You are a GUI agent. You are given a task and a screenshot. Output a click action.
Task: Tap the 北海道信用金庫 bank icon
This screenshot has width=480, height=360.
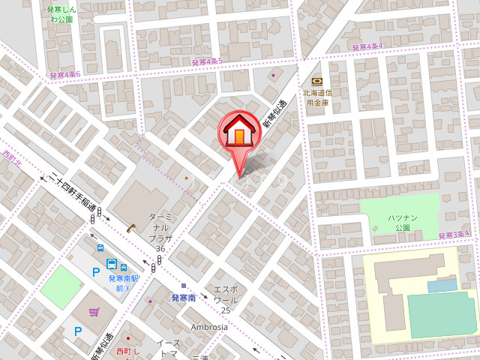(x=316, y=81)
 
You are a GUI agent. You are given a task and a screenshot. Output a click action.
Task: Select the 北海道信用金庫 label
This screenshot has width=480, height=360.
(x=316, y=97)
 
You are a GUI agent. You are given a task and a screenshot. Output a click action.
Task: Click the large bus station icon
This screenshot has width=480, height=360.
(x=112, y=265)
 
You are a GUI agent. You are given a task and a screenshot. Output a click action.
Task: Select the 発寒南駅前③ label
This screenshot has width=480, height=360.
(x=119, y=283)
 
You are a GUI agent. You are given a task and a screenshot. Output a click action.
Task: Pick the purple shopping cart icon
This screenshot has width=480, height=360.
(x=94, y=312)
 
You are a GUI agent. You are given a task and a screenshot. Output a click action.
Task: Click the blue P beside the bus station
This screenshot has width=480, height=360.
(x=95, y=272)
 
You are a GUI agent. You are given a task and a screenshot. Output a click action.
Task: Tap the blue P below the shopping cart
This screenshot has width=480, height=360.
(x=77, y=331)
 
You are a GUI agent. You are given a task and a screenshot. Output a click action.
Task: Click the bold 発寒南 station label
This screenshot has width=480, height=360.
(x=183, y=298)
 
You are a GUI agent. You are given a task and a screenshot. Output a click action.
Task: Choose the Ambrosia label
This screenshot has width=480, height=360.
(x=209, y=327)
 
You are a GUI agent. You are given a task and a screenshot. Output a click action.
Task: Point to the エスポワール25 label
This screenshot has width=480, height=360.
(x=226, y=299)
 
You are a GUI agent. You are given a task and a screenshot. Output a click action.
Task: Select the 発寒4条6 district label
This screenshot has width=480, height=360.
(x=64, y=75)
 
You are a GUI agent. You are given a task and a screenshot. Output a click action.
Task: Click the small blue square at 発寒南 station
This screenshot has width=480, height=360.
(x=183, y=285)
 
